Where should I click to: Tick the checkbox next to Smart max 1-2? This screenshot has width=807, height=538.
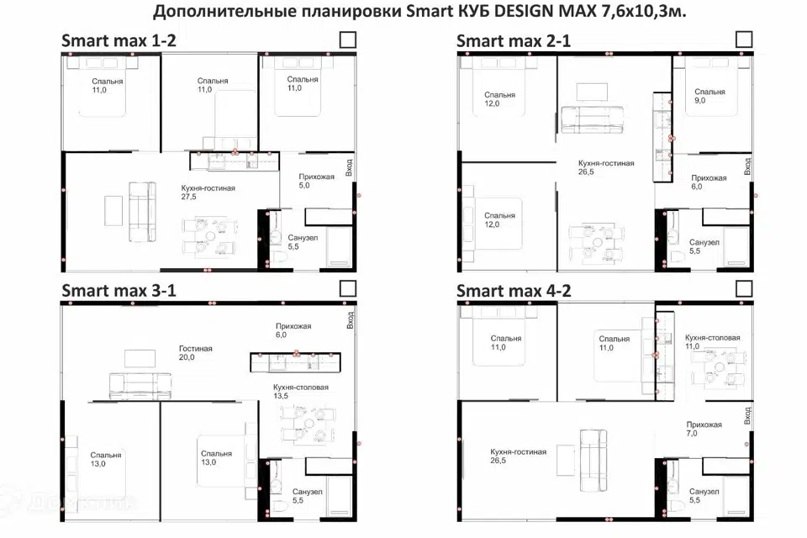(348, 40)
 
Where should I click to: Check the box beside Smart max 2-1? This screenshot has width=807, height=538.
(744, 40)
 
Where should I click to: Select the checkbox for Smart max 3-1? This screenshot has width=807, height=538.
(348, 289)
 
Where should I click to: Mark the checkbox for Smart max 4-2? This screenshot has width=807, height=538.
(744, 289)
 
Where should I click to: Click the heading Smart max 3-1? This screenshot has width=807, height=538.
(119, 290)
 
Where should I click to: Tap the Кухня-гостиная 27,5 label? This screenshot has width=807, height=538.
(208, 192)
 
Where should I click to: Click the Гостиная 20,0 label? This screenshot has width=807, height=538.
(196, 353)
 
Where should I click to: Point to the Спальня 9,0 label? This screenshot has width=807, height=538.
(709, 96)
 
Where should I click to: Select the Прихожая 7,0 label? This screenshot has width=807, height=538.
(704, 429)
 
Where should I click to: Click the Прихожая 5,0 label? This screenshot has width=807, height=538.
(317, 181)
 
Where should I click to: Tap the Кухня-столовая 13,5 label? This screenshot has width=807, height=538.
(301, 391)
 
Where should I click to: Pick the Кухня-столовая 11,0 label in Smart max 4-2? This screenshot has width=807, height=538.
(712, 342)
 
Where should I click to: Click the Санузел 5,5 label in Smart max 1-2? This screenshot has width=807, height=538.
(303, 242)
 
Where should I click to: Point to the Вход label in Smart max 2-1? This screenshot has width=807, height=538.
(747, 166)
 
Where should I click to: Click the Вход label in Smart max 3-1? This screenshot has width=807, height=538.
(350, 319)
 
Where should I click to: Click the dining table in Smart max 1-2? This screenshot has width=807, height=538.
(210, 236)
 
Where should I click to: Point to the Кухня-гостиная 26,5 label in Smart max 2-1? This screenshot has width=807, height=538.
(606, 167)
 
